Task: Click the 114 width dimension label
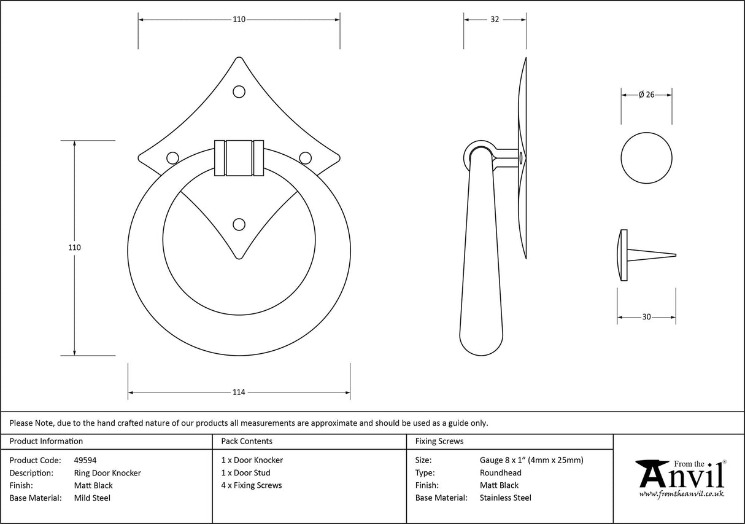click(239, 393)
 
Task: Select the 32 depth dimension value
click(494, 20)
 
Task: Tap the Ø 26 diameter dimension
click(647, 95)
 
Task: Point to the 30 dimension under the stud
click(646, 317)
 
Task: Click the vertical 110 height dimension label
click(74, 248)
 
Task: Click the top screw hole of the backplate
click(239, 92)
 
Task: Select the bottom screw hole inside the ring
click(239, 224)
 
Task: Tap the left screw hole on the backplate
click(173, 158)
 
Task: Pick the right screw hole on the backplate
click(305, 158)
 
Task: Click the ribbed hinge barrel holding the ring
click(239, 158)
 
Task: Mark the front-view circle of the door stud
click(646, 157)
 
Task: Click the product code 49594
click(85, 459)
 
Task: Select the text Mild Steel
click(92, 498)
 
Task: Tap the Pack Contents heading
click(247, 441)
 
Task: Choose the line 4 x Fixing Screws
click(252, 485)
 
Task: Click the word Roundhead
click(500, 472)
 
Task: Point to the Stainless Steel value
click(505, 498)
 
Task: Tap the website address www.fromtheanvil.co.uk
click(681, 493)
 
